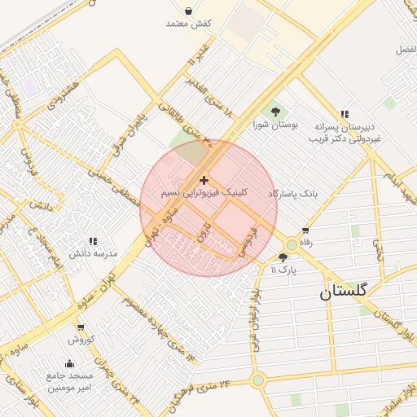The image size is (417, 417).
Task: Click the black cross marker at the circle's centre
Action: point(204,180)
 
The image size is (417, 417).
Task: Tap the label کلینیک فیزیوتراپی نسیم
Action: point(204,194)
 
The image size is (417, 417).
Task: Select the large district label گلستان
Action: point(343,290)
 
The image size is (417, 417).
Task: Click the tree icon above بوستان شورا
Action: point(275,112)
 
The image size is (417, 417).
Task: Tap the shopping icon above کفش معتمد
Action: point(189,11)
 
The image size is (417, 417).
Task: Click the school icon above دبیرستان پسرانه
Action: point(345,114)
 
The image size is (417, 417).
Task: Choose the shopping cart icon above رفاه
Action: point(305,230)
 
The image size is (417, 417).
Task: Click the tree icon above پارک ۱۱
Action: point(283,257)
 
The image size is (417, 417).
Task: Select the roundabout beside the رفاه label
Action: point(291,244)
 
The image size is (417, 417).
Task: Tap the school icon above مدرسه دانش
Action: point(93,241)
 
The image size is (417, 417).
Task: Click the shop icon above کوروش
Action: point(81,327)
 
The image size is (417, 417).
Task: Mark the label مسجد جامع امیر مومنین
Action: point(70,381)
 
